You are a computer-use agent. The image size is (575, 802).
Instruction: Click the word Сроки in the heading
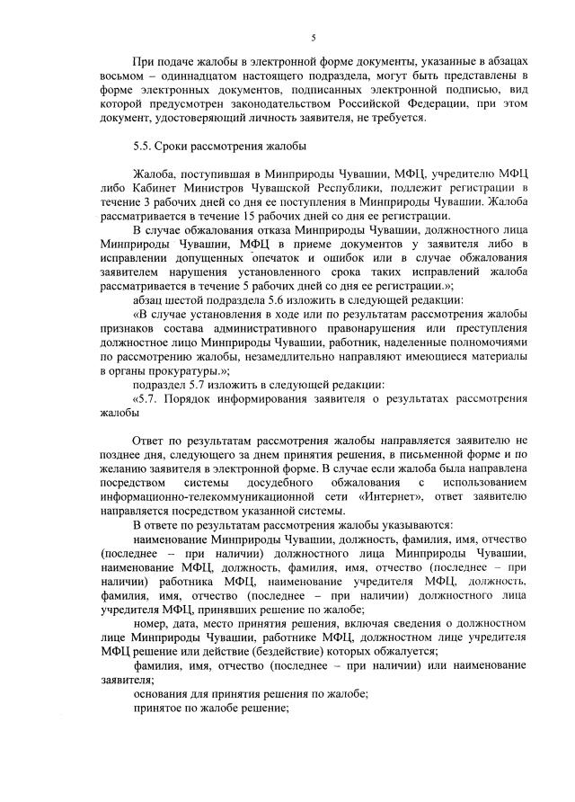tap(176, 145)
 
